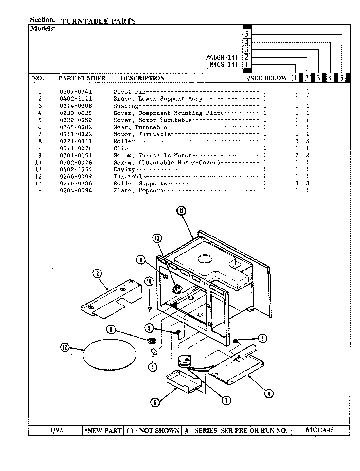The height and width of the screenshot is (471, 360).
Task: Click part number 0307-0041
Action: point(76,92)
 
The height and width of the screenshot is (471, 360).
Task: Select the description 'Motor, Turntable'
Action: point(142,134)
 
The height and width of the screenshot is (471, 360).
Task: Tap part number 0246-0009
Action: point(76,177)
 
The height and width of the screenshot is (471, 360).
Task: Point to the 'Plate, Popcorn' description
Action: point(138,191)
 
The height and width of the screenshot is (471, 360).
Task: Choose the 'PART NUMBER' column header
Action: point(82,78)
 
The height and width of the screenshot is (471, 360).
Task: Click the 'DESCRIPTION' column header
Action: point(143,78)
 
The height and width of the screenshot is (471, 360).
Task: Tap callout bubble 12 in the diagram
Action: point(65,348)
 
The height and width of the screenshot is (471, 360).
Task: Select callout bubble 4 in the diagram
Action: point(268,394)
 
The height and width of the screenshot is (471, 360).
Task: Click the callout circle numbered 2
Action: point(98,273)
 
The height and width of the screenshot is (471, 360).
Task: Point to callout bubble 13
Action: point(157,239)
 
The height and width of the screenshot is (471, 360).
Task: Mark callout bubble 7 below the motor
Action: point(226,400)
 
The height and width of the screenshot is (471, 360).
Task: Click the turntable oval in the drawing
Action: point(110,355)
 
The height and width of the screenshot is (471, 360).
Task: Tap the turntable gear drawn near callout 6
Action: point(151,341)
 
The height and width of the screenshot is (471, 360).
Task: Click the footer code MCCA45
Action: point(320,430)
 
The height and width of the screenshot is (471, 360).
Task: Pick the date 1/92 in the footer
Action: point(56,430)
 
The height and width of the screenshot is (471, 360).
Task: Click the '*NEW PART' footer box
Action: point(103,431)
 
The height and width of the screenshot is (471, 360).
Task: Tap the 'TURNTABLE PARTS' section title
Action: point(98,21)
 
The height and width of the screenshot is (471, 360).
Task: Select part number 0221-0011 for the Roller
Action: point(76,141)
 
